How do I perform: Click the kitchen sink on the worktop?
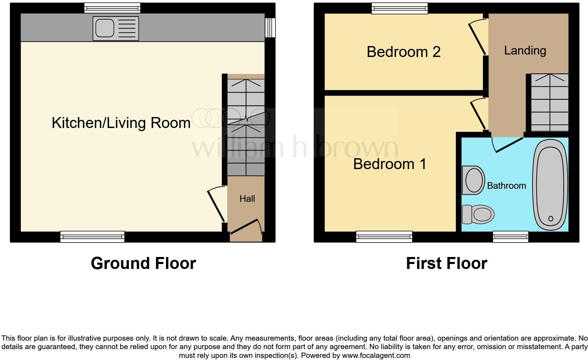tap(116, 28)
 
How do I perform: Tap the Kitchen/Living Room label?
tap(121, 123)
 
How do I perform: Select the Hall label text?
tap(247, 199)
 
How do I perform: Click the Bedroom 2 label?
tap(403, 52)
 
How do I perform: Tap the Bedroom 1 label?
tap(390, 164)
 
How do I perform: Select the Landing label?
tap(525, 51)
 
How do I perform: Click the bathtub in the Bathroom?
tap(550, 185)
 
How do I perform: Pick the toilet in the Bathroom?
tap(478, 214)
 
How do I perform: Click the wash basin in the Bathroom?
tap(473, 180)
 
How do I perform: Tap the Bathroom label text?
tap(506, 186)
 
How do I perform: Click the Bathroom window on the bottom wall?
tap(511, 237)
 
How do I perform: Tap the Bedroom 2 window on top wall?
tap(400, 8)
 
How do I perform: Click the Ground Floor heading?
tap(143, 263)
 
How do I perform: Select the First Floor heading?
tap(446, 263)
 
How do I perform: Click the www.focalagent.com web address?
tap(376, 355)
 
